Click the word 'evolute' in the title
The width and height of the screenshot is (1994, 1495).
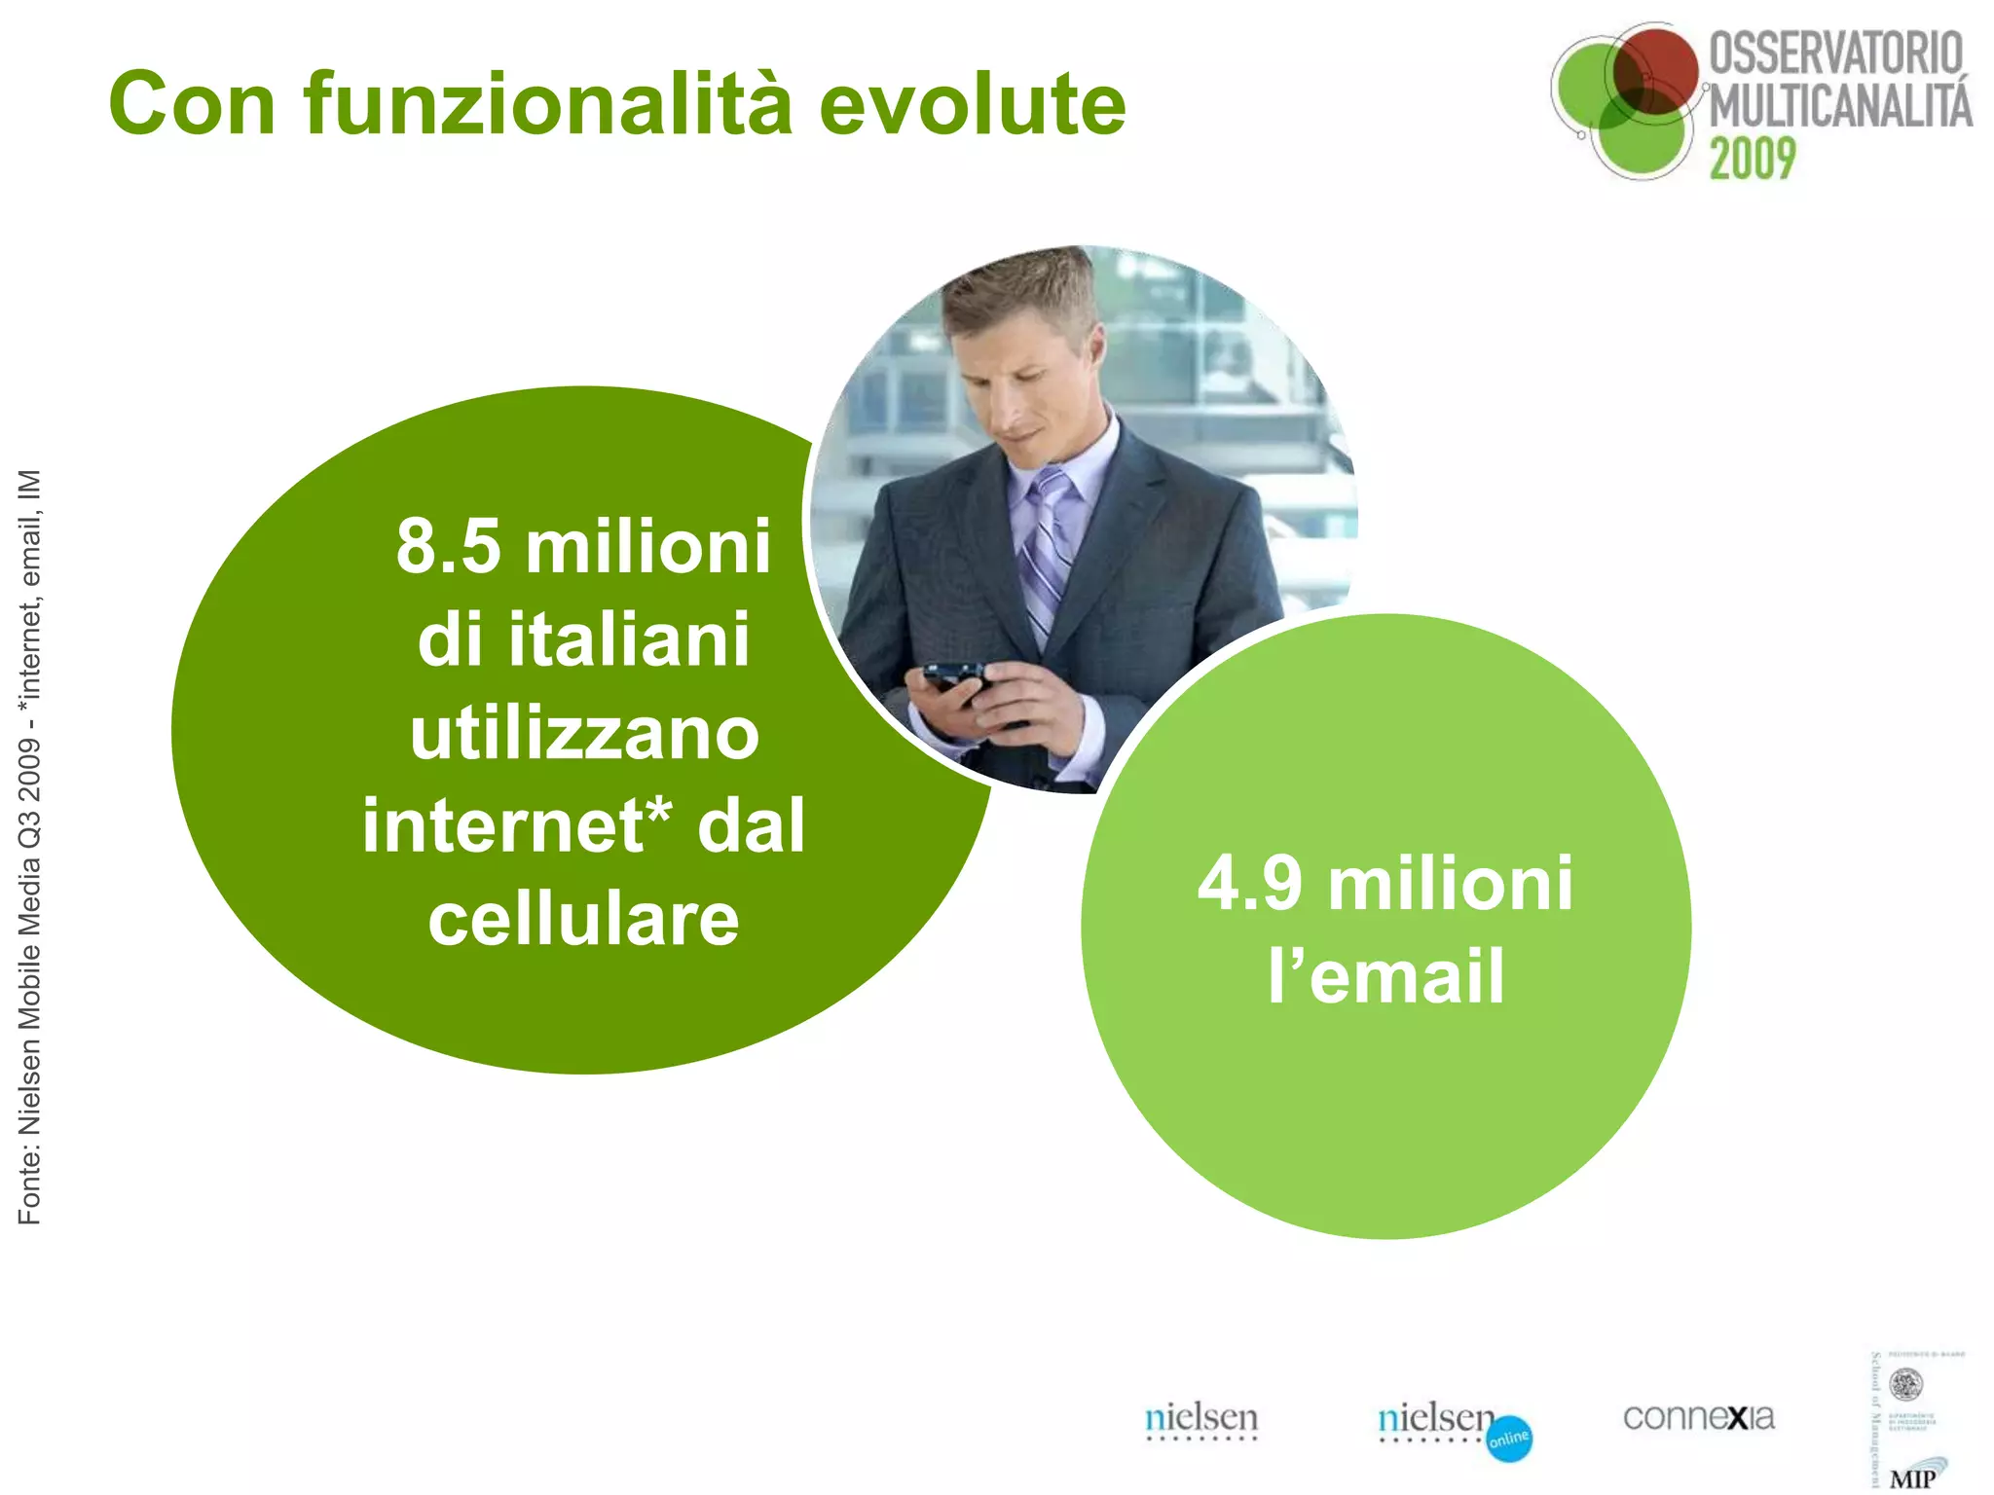pos(973,104)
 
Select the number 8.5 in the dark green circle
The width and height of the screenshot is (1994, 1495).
pos(449,547)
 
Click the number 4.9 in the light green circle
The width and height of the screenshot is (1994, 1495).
pos(1250,884)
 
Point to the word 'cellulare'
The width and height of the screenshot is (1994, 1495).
pos(583,919)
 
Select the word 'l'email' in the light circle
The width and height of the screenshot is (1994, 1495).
pos(1385,976)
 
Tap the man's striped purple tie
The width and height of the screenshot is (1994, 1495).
pos(1047,546)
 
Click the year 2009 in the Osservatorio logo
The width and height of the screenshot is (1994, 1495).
pos(1753,159)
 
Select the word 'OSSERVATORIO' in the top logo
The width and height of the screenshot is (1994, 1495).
pos(1835,53)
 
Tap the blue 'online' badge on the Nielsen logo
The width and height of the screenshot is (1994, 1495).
pos(1509,1439)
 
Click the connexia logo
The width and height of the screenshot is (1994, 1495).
pos(1698,1417)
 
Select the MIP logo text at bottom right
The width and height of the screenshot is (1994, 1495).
pos(1912,1478)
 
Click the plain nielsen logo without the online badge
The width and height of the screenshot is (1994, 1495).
pos(1201,1419)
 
